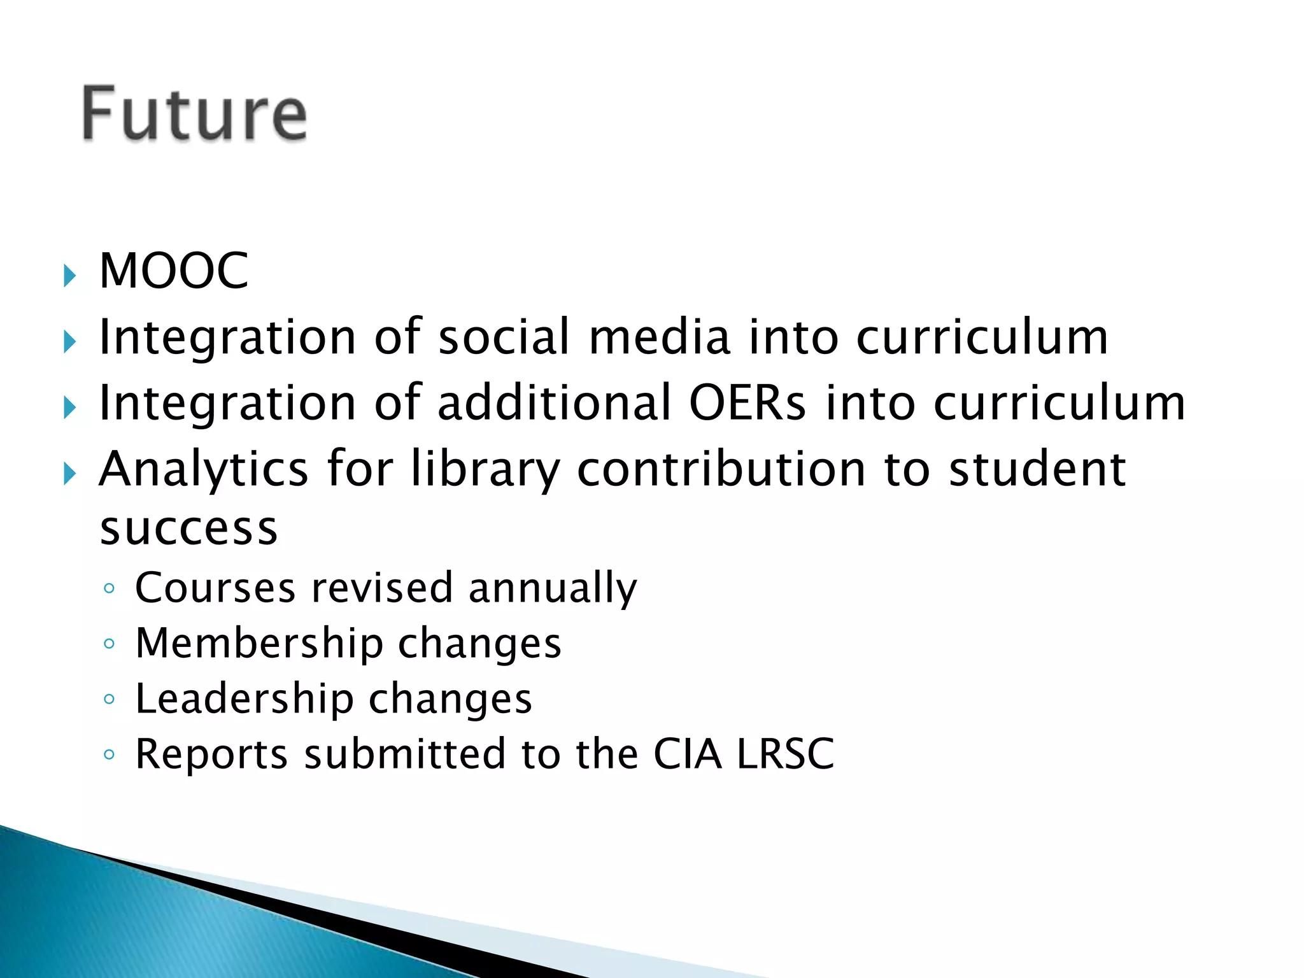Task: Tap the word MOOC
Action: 174,271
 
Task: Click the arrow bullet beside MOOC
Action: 69,276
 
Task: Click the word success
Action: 189,528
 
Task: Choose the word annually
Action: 553,588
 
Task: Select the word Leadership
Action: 244,698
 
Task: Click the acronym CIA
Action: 688,754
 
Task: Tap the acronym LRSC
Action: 785,754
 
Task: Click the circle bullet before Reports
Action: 109,755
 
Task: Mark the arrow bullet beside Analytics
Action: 69,474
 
